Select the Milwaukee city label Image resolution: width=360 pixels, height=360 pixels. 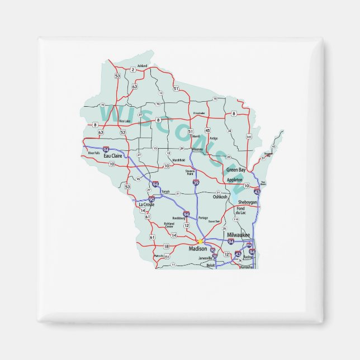pos(238,235)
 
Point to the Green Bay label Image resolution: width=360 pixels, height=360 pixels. pos(235,169)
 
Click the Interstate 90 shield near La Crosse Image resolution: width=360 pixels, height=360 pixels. pos(151,198)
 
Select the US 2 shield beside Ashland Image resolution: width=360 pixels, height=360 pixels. pos(133,70)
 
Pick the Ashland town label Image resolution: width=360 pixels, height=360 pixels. pos(142,65)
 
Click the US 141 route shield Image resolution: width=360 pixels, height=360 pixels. pos(248,136)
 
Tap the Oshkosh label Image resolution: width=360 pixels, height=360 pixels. pos(220,197)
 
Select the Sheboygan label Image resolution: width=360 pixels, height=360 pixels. pos(248,202)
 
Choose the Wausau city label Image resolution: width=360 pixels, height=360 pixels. pos(197,150)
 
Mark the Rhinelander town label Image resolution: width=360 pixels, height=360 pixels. pos(199,113)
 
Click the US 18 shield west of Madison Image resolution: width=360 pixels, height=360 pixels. pos(165,246)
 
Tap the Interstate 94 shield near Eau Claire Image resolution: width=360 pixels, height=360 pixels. pos(106,150)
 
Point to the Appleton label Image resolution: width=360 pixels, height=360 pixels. pos(235,180)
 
